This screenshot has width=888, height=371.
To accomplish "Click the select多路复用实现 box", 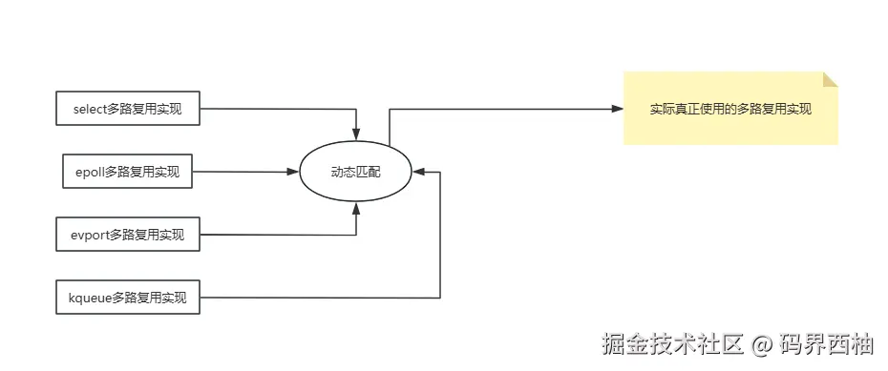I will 128,109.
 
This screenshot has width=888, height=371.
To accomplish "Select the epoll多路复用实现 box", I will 127,172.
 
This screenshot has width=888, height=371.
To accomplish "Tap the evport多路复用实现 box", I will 128,235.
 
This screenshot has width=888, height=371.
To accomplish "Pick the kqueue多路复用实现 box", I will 128,299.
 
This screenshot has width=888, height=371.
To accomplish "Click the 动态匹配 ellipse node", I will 356,172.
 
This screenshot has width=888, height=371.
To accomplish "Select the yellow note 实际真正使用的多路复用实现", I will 730,109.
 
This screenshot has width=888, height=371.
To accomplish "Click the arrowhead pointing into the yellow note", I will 617,109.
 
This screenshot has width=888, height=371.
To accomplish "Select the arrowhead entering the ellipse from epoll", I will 294,172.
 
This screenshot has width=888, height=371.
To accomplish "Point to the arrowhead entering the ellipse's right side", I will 419,172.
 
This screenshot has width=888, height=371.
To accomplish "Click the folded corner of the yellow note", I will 830,79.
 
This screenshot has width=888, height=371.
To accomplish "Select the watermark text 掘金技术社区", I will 671,343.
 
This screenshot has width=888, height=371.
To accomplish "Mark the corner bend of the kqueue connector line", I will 439,298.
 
